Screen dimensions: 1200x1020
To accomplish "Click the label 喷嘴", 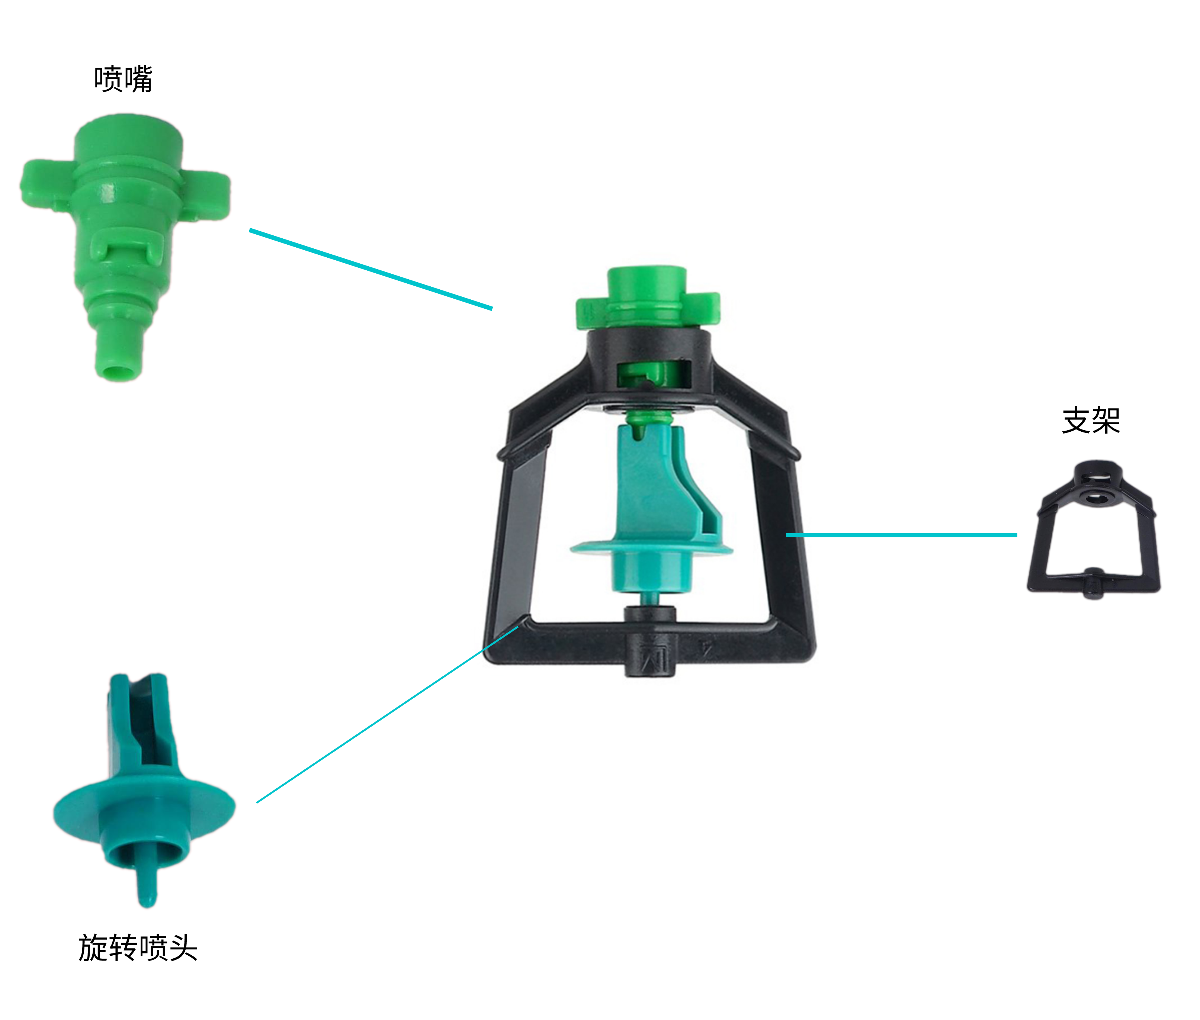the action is pyautogui.click(x=123, y=79).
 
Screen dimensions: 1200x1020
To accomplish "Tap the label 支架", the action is pyautogui.click(x=1090, y=420).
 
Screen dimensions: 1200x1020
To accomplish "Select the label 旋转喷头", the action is pyautogui.click(x=138, y=948).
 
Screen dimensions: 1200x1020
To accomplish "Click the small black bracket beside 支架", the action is pyautogui.click(x=1092, y=529).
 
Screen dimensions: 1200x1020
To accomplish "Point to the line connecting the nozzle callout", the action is pyautogui.click(x=370, y=270).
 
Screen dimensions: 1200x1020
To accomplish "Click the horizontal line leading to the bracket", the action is pyautogui.click(x=901, y=535).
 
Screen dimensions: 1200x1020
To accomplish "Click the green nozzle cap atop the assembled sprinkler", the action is pyautogui.click(x=647, y=299).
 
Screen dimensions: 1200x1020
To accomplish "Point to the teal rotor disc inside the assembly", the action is pyautogui.click(x=651, y=548).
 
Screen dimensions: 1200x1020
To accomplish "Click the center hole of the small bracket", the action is pyautogui.click(x=1093, y=497).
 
